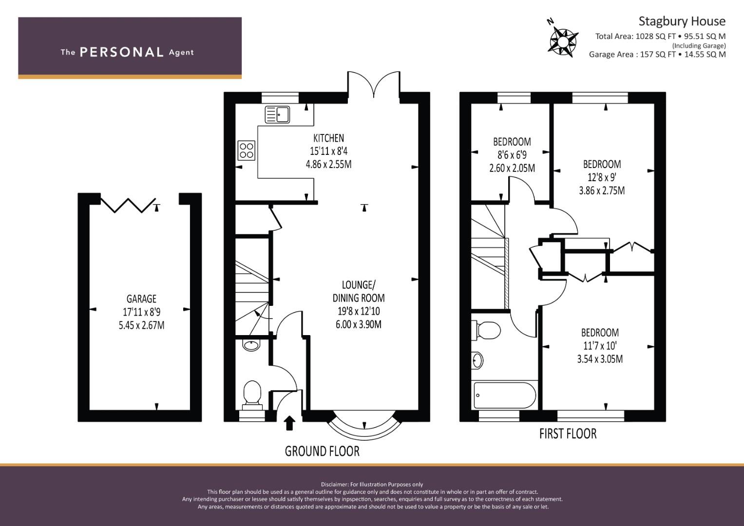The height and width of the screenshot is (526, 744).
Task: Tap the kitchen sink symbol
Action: [x=277, y=114]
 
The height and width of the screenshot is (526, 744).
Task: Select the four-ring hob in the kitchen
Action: [x=247, y=151]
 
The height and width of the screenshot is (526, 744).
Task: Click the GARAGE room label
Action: [x=141, y=299]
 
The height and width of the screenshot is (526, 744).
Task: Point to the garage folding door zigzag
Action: [x=128, y=205]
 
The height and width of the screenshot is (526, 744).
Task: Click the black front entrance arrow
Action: [x=289, y=423]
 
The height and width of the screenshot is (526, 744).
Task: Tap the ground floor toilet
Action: [x=252, y=395]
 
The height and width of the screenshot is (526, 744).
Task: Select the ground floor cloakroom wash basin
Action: [x=251, y=345]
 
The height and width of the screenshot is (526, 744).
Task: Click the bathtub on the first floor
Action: [x=504, y=395]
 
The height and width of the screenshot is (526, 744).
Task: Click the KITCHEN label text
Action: [x=328, y=138]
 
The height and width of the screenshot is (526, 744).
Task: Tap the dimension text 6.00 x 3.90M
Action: [x=359, y=324]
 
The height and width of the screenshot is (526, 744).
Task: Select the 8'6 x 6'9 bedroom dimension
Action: [x=512, y=155]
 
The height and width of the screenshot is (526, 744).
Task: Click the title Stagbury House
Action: [x=682, y=21]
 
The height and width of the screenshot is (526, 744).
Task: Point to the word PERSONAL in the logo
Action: [x=122, y=52]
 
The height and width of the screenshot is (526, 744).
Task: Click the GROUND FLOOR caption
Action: [x=322, y=451]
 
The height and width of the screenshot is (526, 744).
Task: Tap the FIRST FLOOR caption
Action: [x=568, y=433]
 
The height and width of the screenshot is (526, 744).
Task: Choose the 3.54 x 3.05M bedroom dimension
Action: [x=600, y=359]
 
